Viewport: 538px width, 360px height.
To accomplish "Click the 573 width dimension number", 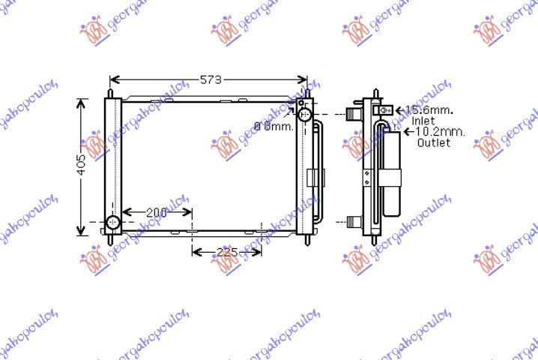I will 210,80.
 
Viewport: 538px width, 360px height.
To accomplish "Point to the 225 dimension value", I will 226,252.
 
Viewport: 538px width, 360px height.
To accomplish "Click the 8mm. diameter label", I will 273,126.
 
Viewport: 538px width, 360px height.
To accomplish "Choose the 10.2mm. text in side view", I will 438,131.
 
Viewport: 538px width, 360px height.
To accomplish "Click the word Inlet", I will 423,120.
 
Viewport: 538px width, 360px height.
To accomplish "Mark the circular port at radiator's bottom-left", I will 112,223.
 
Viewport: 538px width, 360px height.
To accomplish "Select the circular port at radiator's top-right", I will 304,115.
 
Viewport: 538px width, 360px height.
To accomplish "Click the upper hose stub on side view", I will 352,115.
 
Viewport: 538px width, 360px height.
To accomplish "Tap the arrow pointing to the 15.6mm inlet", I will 398,110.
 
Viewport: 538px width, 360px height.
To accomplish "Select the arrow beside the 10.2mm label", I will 408,132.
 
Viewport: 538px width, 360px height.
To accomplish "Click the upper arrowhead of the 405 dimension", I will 82,102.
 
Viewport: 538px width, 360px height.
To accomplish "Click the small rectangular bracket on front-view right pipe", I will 315,179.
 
